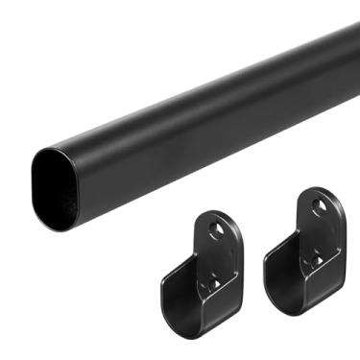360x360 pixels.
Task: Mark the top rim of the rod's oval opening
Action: (58, 153)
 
